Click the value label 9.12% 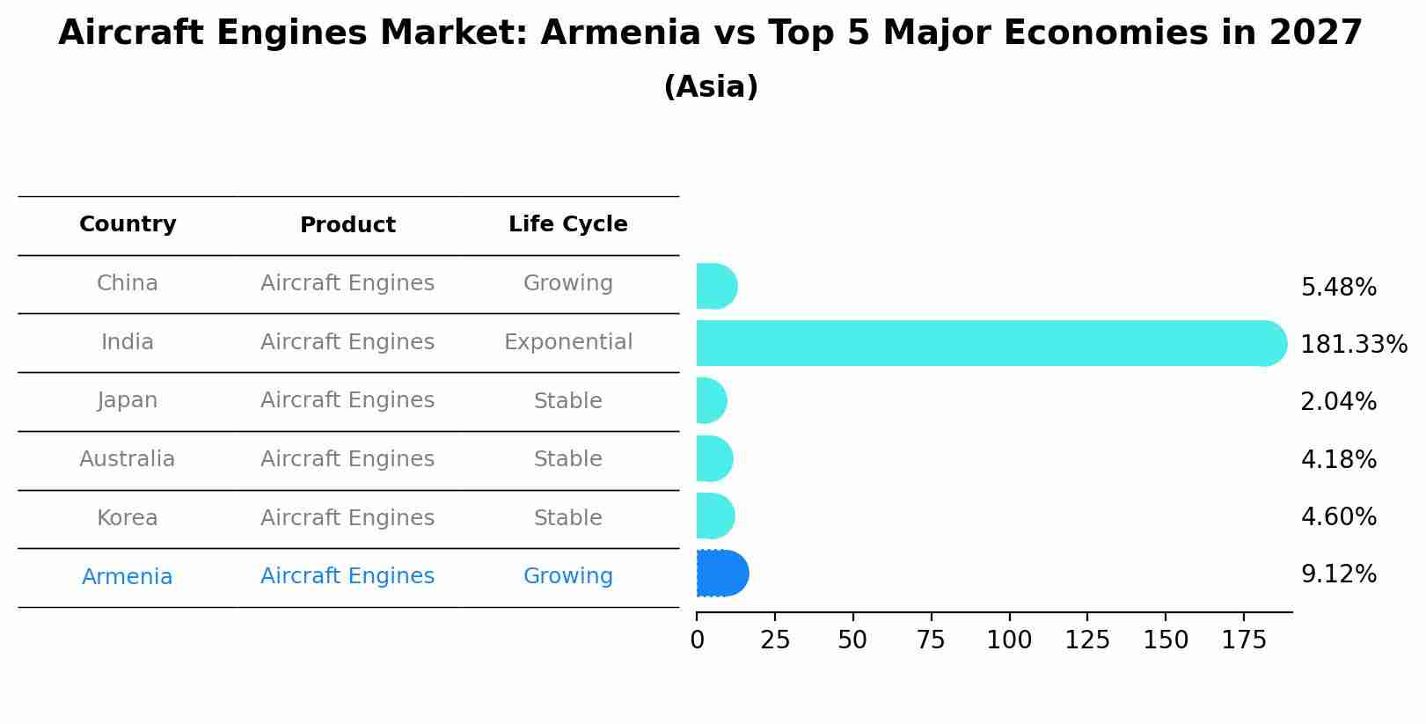coord(1338,574)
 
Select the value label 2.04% coord(1338,402)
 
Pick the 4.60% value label coord(1338,517)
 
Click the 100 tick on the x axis coord(1009,640)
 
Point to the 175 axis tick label coord(1243,640)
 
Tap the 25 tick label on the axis coord(775,640)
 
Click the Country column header coord(128,224)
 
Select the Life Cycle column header coord(567,224)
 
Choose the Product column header coord(347,225)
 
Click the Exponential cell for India coord(567,342)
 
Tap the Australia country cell coord(128,459)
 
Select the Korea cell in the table coord(128,518)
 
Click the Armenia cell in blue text coord(128,577)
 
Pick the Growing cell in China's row coord(567,283)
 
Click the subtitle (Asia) coord(711,87)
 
